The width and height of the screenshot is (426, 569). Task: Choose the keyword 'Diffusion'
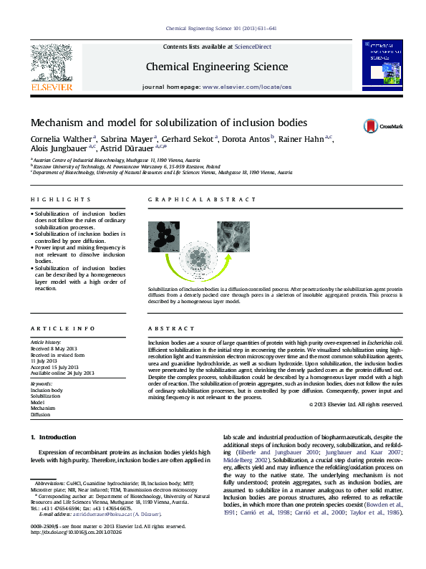40,414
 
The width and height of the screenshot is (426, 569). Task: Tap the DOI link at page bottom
75,552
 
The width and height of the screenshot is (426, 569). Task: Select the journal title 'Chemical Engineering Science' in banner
217,67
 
